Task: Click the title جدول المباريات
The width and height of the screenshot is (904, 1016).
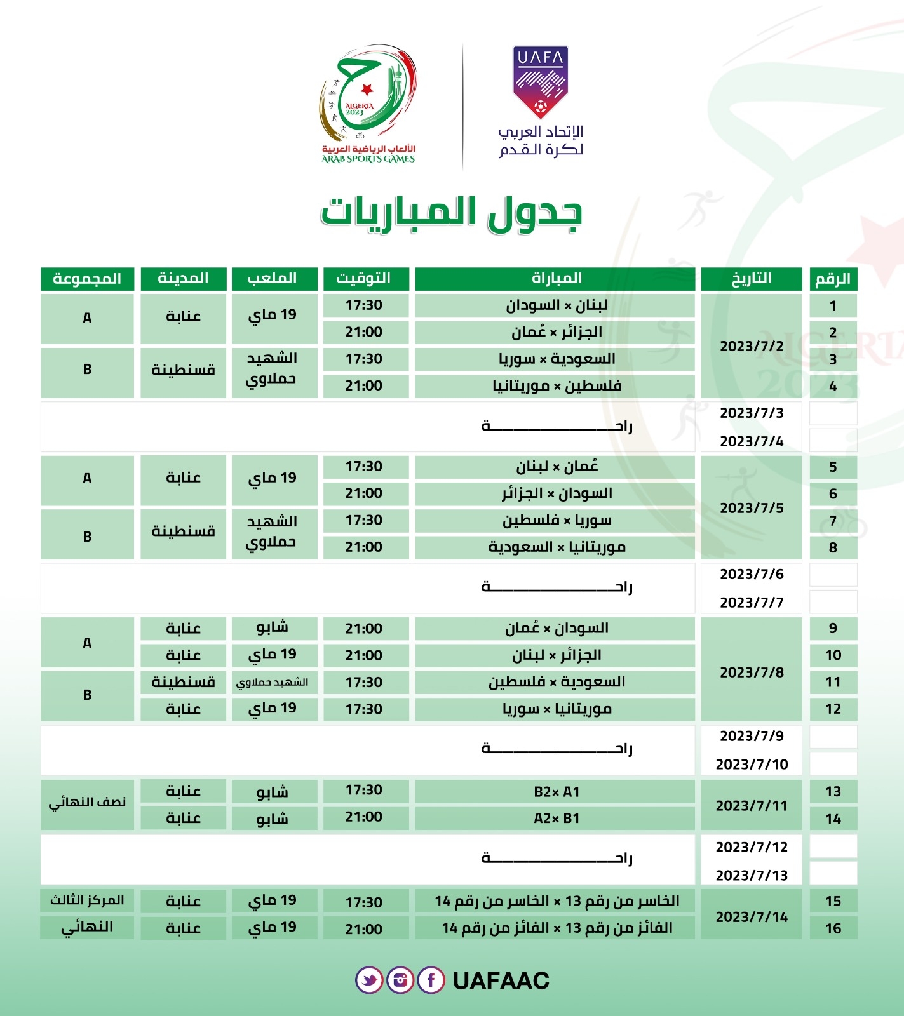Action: tap(452, 213)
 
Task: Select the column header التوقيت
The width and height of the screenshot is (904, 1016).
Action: tap(364, 279)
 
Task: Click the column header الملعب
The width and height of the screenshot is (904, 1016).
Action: tap(273, 279)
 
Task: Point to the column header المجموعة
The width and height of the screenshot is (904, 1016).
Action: tap(87, 279)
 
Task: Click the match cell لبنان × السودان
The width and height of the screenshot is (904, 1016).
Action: tap(555, 305)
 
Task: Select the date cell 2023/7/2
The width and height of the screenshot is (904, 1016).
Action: tap(752, 346)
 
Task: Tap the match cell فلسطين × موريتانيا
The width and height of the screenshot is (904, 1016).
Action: tap(555, 386)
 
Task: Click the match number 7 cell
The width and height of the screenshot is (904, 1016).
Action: tap(833, 521)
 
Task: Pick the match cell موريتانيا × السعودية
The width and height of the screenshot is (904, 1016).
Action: tap(555, 547)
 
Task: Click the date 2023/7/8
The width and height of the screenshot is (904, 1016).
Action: tap(752, 672)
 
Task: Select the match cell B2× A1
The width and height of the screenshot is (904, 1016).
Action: tap(555, 792)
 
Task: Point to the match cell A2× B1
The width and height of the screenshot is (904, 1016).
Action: tap(555, 819)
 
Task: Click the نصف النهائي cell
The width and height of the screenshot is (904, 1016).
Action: tap(87, 803)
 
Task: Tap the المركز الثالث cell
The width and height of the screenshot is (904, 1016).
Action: tap(87, 900)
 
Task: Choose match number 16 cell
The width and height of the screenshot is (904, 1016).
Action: tap(833, 928)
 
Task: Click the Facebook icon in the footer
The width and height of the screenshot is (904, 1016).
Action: tap(431, 980)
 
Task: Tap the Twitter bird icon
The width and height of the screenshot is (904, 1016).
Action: tap(369, 980)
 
